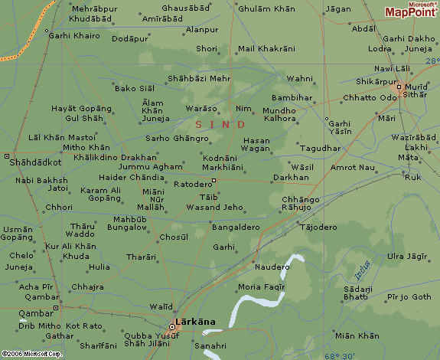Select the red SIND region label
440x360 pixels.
[220, 124]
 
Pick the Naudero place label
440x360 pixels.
[272, 267]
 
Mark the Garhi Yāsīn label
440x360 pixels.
[337, 127]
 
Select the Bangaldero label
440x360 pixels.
[236, 227]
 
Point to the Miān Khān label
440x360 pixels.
[357, 335]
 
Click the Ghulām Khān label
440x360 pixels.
[266, 8]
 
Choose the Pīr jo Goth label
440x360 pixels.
[409, 296]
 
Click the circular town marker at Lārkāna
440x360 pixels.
[173, 327]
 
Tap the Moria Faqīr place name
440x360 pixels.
[262, 286]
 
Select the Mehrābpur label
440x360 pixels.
[94, 8]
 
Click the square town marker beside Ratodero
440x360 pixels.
[215, 180]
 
